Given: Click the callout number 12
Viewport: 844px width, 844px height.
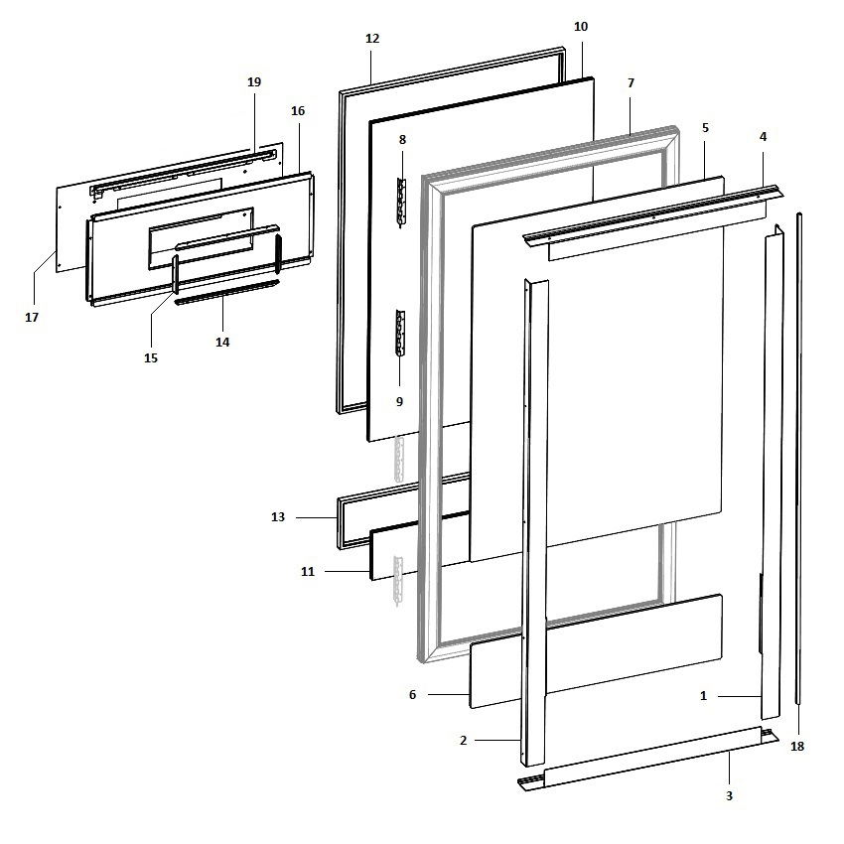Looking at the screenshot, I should (372, 39).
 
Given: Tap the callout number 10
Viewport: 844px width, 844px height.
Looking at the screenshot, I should (581, 25).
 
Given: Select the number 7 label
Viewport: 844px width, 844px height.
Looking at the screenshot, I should (631, 83).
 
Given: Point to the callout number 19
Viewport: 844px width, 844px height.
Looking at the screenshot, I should (253, 82).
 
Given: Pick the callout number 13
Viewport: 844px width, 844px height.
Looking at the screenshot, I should (278, 517).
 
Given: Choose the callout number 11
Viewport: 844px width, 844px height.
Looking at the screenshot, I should (308, 572).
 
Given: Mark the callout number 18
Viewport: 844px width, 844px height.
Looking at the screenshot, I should (797, 746).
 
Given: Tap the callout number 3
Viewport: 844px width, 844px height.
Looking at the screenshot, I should (729, 795).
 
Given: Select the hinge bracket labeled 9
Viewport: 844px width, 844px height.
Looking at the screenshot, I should (400, 333).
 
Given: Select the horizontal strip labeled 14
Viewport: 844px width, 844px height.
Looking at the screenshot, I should (228, 294).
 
